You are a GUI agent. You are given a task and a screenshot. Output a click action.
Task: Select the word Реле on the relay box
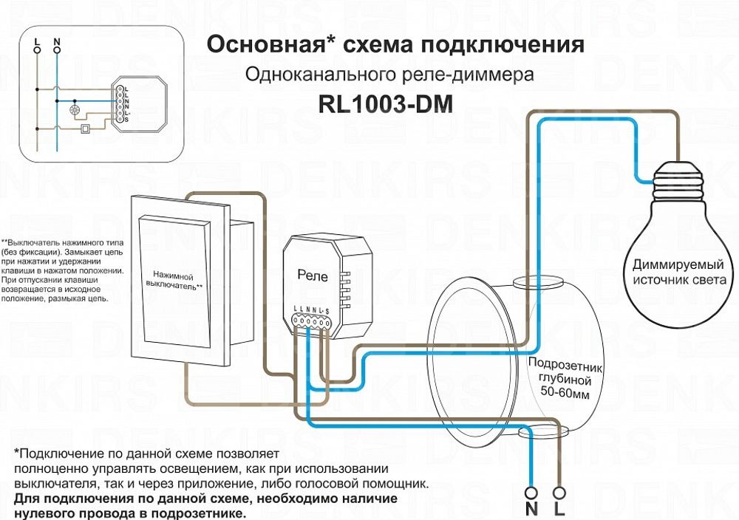[312, 274]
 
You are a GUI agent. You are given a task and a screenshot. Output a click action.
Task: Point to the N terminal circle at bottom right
[531, 491]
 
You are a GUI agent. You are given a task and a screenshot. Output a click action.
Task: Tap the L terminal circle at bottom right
[560, 491]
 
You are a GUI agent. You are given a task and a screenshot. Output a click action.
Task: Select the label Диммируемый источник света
[678, 272]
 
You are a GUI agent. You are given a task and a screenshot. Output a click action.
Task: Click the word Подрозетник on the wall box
[566, 366]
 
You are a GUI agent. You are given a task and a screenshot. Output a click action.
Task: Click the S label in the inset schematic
[126, 119]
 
